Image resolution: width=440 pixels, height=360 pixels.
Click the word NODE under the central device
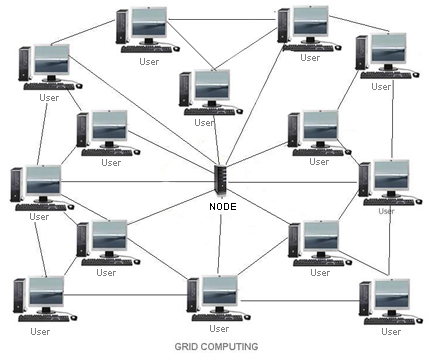[222, 206]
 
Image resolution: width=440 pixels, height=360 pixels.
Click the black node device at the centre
[221, 181]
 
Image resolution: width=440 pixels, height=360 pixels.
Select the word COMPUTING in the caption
[234, 347]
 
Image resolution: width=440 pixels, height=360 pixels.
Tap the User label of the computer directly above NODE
[204, 123]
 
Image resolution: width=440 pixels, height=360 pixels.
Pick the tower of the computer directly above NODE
[185, 90]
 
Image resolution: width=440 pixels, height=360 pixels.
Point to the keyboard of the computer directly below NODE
[217, 317]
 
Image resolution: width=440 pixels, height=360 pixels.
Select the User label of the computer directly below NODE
[218, 328]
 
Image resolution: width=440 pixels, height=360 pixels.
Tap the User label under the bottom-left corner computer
[40, 331]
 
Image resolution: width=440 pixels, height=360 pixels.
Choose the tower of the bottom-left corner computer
[18, 297]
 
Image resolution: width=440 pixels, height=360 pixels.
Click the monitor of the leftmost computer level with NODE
[43, 181]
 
